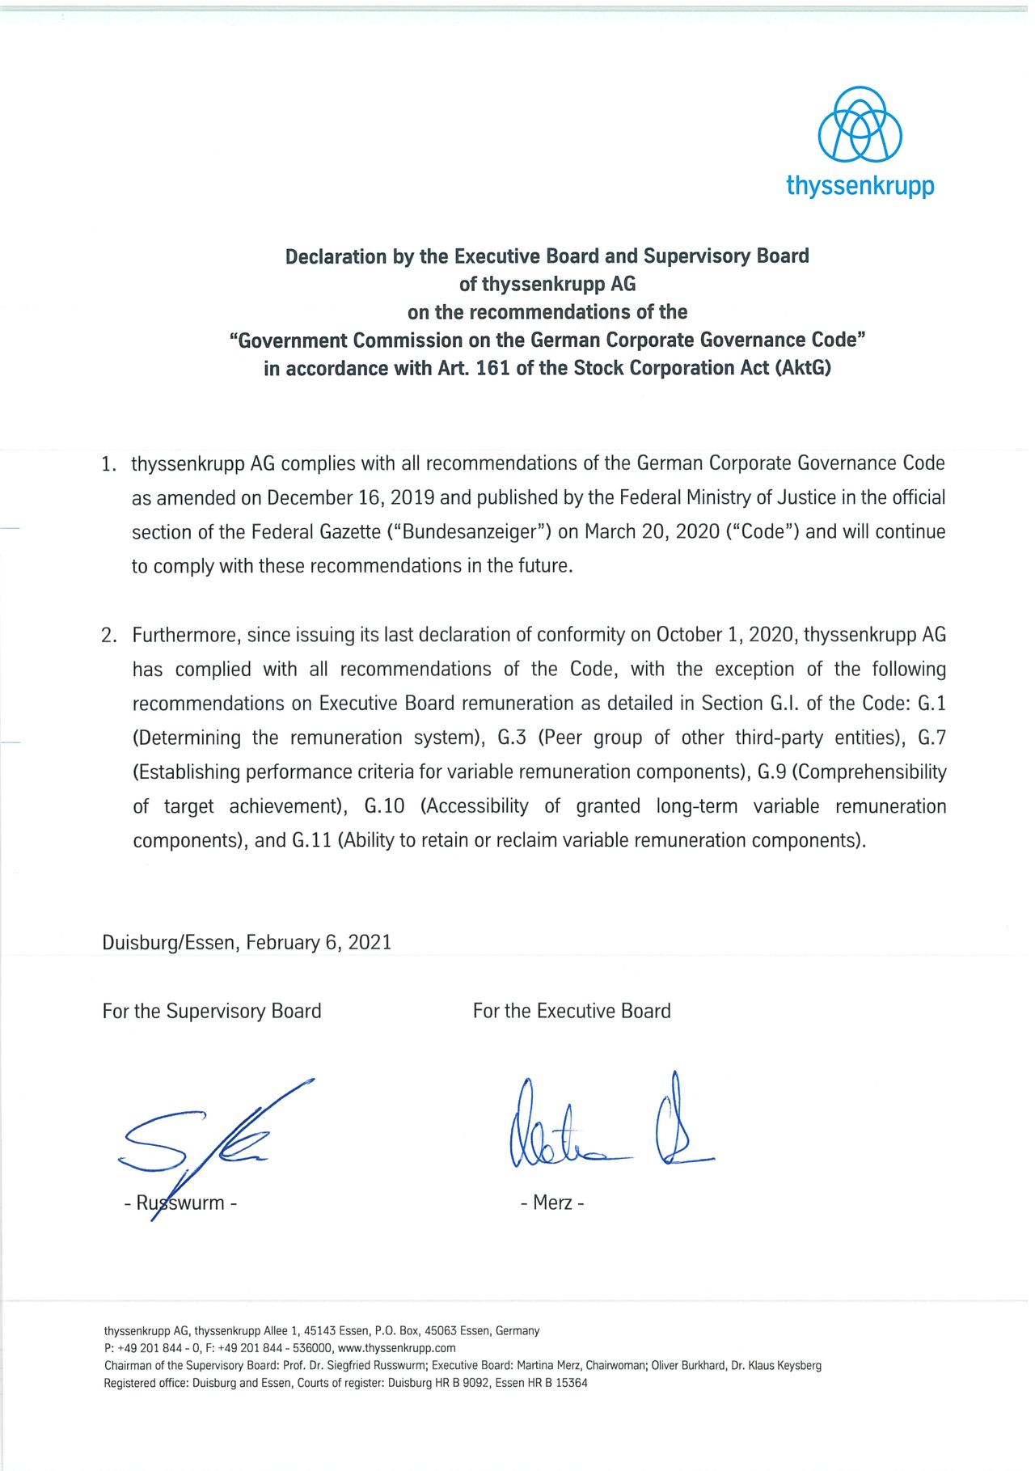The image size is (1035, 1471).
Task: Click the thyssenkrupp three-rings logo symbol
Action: click(860, 125)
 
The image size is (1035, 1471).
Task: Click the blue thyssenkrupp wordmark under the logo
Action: click(860, 186)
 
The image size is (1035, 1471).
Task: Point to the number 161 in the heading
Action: click(493, 369)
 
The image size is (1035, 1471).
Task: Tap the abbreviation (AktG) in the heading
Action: click(803, 369)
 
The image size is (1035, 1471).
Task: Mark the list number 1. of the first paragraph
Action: click(109, 464)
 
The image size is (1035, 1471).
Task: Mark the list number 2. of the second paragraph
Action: click(109, 636)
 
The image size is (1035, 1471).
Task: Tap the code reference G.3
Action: click(512, 738)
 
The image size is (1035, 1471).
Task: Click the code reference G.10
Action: click(384, 806)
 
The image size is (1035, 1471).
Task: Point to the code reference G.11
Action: click(311, 840)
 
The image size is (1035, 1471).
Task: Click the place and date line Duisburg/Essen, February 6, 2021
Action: click(247, 943)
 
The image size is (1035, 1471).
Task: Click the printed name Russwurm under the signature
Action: click(180, 1203)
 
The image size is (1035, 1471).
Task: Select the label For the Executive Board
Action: click(572, 1011)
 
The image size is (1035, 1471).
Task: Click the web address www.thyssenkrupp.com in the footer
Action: click(396, 1348)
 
